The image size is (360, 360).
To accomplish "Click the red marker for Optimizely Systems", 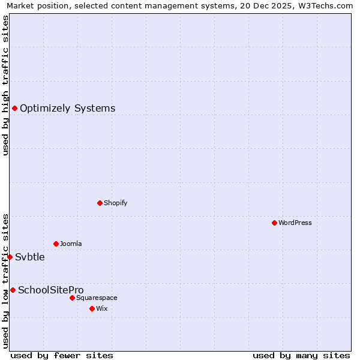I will point(14,108).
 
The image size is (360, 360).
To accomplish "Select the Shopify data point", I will point(100,203).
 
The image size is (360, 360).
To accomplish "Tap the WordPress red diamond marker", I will point(274,223).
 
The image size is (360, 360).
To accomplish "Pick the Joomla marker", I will point(56,244).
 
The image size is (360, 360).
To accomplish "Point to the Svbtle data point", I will point(10,257).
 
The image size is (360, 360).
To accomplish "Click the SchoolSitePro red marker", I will point(13,290).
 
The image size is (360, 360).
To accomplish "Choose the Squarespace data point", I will point(72,298).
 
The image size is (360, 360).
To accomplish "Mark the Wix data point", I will point(92,308).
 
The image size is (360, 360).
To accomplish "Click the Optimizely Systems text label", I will point(67,109).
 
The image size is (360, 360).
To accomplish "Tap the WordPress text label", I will point(295,223).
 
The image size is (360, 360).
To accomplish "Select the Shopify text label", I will point(115,203).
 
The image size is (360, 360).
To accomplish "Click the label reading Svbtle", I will point(30,257).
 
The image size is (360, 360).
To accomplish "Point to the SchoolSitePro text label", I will point(50,290).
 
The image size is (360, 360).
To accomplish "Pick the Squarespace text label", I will point(97,298).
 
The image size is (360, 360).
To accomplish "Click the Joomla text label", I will point(71,244).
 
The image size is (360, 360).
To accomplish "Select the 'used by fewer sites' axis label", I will point(62,355).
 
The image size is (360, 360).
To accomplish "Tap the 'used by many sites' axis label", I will point(301,355).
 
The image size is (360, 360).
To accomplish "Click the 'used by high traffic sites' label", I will point(5,85).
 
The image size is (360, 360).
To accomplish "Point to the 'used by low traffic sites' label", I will point(5,280).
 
